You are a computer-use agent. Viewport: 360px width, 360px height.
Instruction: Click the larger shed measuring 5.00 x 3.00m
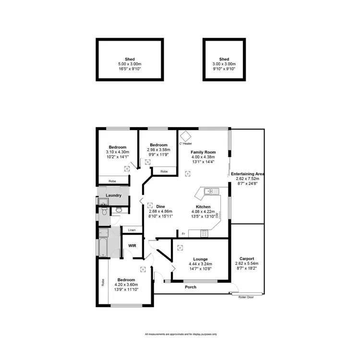click(x=127, y=60)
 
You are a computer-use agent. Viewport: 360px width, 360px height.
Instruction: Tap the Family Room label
click(x=203, y=152)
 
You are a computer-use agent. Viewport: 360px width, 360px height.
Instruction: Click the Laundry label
click(x=114, y=195)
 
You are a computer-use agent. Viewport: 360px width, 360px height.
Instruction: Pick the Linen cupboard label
click(x=132, y=230)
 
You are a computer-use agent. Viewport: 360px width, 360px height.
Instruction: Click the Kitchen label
click(x=203, y=207)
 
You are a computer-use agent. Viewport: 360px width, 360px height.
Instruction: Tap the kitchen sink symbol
click(x=210, y=192)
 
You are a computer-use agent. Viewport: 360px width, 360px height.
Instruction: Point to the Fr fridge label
click(x=183, y=233)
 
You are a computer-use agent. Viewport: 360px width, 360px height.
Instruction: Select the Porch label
click(x=191, y=287)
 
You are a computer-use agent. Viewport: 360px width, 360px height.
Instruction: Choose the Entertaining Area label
click(x=248, y=173)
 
